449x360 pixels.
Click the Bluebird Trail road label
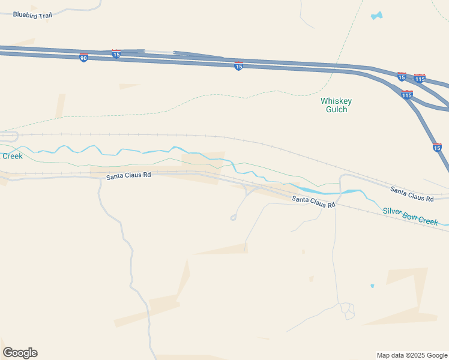[32, 15]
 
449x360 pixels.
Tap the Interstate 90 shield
[83, 58]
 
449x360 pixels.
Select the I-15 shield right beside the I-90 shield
[116, 54]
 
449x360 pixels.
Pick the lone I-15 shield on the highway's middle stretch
[238, 67]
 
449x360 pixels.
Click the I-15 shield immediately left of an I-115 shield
[402, 77]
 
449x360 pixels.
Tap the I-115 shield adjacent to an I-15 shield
[420, 79]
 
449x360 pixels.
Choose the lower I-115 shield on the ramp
[406, 94]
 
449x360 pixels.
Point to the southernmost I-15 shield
[437, 147]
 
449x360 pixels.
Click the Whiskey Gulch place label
[336, 105]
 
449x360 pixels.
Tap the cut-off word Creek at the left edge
[12, 156]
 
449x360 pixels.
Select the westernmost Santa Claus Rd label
[128, 176]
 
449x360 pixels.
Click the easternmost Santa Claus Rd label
[412, 194]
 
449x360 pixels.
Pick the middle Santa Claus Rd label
[313, 202]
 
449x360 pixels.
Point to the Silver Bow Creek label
[411, 216]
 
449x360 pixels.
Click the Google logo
[20, 352]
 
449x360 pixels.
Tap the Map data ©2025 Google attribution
[411, 355]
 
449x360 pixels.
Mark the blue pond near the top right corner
[376, 16]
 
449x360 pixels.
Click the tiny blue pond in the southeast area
[373, 286]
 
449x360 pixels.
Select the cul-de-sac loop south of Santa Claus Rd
[233, 218]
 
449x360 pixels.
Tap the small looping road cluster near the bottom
[347, 310]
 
